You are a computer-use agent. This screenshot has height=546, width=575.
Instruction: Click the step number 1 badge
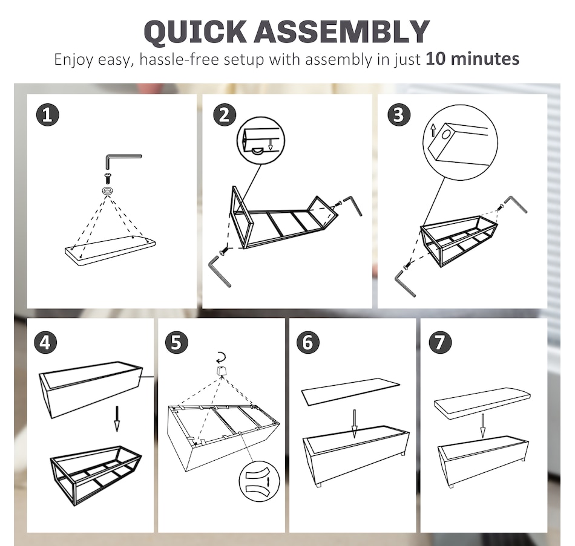tap(48, 115)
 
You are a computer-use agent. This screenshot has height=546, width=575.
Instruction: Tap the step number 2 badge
tap(225, 115)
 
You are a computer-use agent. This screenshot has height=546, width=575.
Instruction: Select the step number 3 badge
tap(399, 115)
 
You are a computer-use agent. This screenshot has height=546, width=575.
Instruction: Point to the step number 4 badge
tap(45, 343)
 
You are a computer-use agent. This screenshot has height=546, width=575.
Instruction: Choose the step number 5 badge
tap(176, 343)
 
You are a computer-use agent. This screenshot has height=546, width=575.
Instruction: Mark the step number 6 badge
tap(308, 343)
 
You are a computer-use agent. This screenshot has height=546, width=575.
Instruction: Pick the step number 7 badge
tap(440, 343)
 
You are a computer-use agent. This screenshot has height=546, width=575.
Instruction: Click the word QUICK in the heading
tap(195, 32)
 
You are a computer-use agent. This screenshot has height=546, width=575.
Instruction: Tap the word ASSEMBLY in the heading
tap(342, 31)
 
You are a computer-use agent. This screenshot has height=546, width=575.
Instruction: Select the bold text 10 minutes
tap(472, 59)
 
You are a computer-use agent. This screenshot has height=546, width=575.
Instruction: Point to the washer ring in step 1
tap(108, 190)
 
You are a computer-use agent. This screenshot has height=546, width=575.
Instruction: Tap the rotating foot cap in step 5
tap(221, 371)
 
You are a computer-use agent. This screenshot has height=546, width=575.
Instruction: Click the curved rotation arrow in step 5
tap(222, 357)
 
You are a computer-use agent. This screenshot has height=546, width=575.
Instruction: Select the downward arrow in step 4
tap(117, 418)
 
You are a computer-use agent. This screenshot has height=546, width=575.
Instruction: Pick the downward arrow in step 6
tap(354, 424)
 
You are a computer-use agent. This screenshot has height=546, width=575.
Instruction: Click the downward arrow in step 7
tap(483, 426)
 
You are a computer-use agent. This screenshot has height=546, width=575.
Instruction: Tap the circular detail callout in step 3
tap(460, 143)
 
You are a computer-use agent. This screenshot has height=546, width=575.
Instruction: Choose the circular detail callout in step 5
tap(259, 481)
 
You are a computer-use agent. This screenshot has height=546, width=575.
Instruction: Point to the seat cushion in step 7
tap(482, 403)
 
